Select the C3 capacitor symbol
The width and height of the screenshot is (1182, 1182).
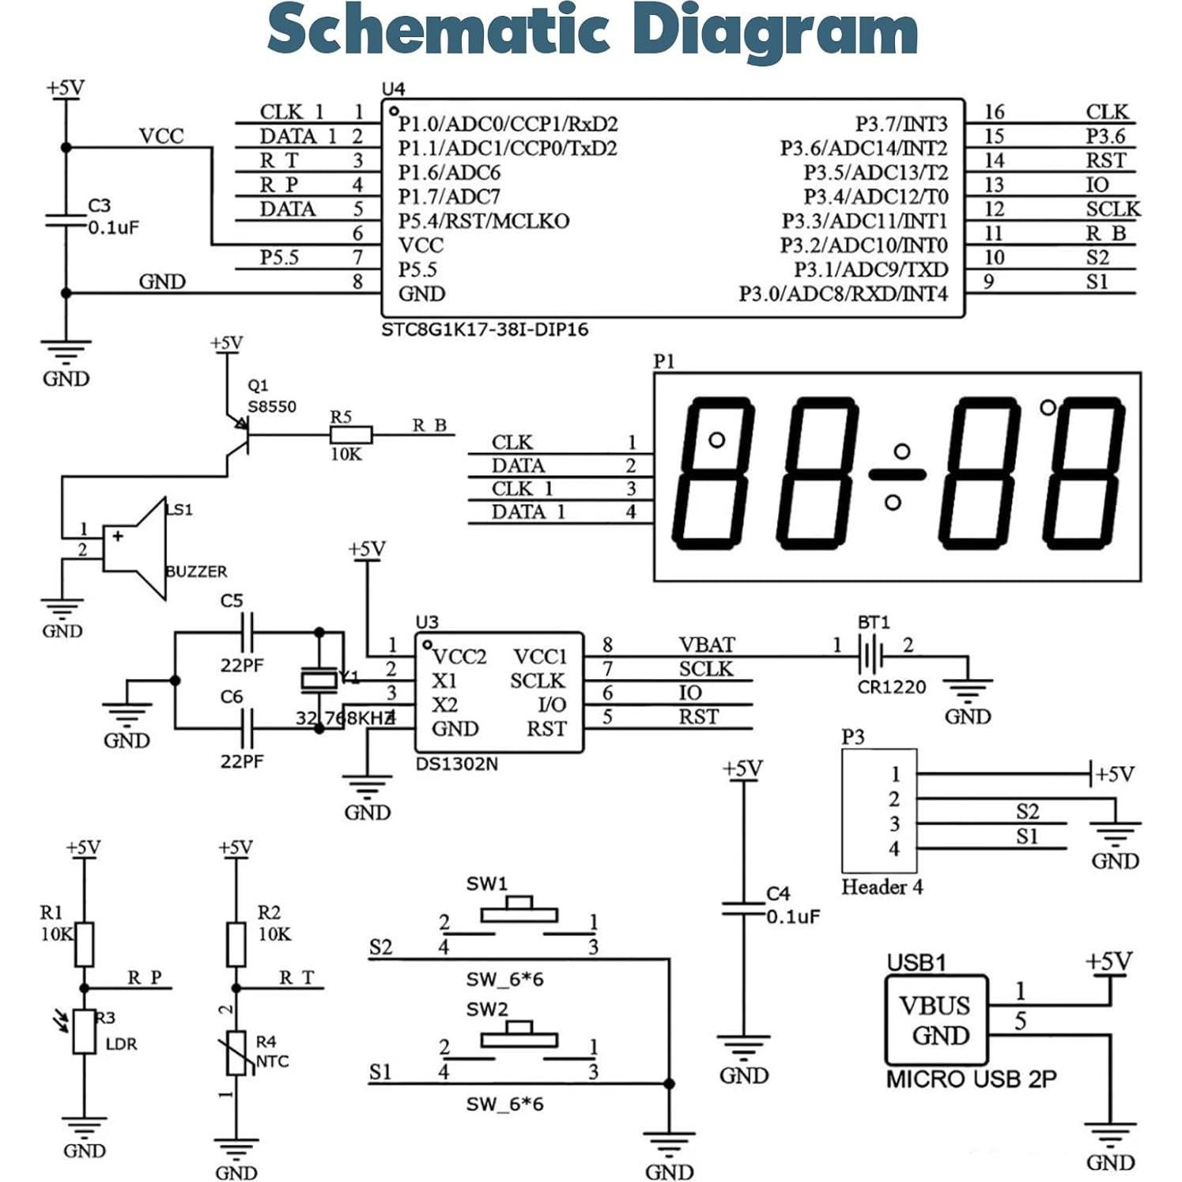pos(66,219)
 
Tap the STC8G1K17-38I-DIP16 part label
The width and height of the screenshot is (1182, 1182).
pos(485,330)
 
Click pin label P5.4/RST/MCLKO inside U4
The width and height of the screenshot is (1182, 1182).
pos(483,221)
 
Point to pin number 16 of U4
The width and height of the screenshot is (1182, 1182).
pos(994,112)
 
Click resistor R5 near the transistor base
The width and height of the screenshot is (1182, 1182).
pos(350,434)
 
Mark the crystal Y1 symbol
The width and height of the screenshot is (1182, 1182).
pos(319,679)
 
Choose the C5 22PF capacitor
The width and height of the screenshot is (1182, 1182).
pos(248,633)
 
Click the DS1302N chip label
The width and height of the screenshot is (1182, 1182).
pos(456,765)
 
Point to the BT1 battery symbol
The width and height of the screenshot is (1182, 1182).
pos(870,655)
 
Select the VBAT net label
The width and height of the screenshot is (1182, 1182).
pos(706,645)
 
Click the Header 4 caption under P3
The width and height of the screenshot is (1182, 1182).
pos(882,887)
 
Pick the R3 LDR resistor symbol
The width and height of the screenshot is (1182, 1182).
pos(84,1031)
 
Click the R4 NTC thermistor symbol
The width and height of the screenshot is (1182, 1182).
pos(236,1052)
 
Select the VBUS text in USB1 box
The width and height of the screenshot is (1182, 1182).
pos(934,1006)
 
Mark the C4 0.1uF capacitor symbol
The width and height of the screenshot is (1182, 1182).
pos(743,908)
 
